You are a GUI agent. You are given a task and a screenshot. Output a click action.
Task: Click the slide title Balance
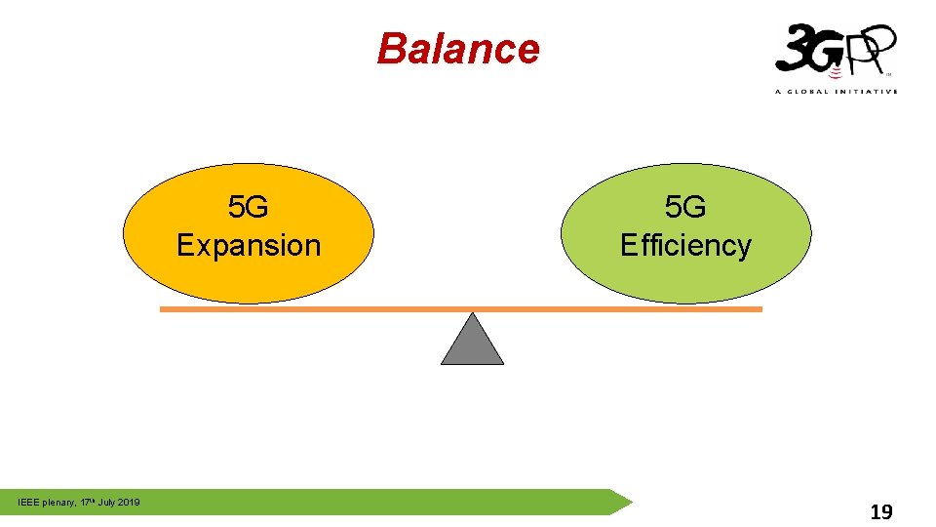point(457,49)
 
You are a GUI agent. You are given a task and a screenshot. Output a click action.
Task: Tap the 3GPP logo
point(835,54)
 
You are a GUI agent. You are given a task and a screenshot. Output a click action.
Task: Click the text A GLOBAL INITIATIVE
point(835,91)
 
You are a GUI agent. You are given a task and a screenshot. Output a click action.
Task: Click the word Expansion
point(249,245)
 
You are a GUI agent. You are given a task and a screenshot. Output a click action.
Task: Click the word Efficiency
point(685,245)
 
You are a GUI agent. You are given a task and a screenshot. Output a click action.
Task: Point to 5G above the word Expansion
point(249,207)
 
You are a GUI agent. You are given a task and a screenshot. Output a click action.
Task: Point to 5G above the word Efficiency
point(685,207)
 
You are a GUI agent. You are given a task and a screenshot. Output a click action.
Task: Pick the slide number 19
point(880,511)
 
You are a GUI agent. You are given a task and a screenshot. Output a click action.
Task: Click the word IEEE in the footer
point(28,503)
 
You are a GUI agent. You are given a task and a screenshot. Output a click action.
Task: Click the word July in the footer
point(104,503)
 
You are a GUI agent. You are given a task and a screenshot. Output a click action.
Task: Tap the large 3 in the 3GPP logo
point(792,49)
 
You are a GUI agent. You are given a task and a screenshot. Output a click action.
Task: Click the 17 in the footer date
point(85,503)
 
